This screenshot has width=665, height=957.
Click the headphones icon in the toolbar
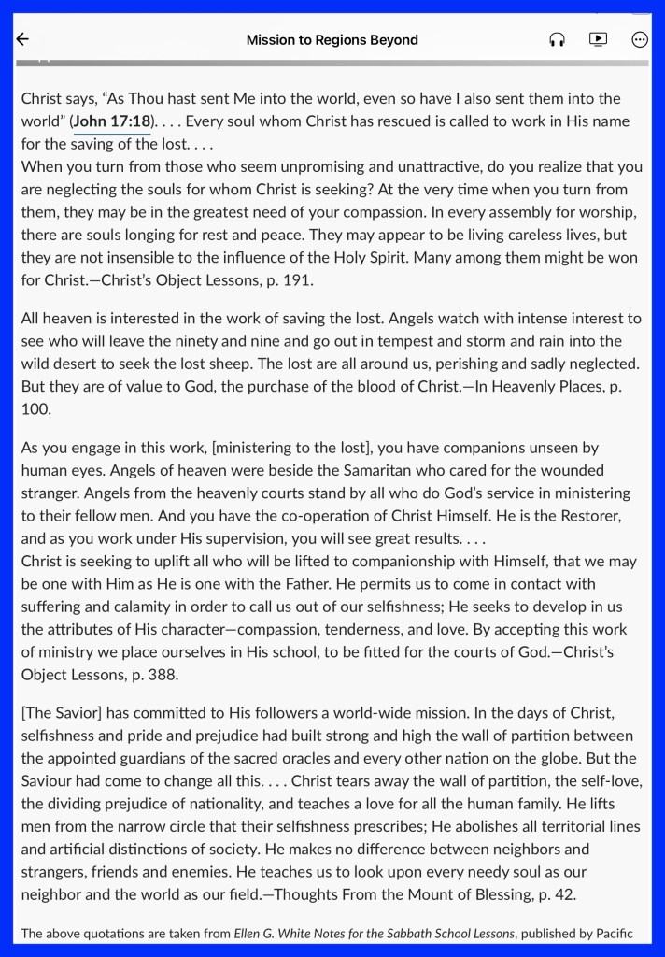pyautogui.click(x=558, y=39)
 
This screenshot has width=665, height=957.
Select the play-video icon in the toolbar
pyautogui.click(x=598, y=39)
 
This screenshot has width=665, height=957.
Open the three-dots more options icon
pyautogui.click(x=640, y=39)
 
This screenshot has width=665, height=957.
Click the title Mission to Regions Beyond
pyautogui.click(x=332, y=40)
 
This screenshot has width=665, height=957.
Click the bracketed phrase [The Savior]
pyautogui.click(x=62, y=714)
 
